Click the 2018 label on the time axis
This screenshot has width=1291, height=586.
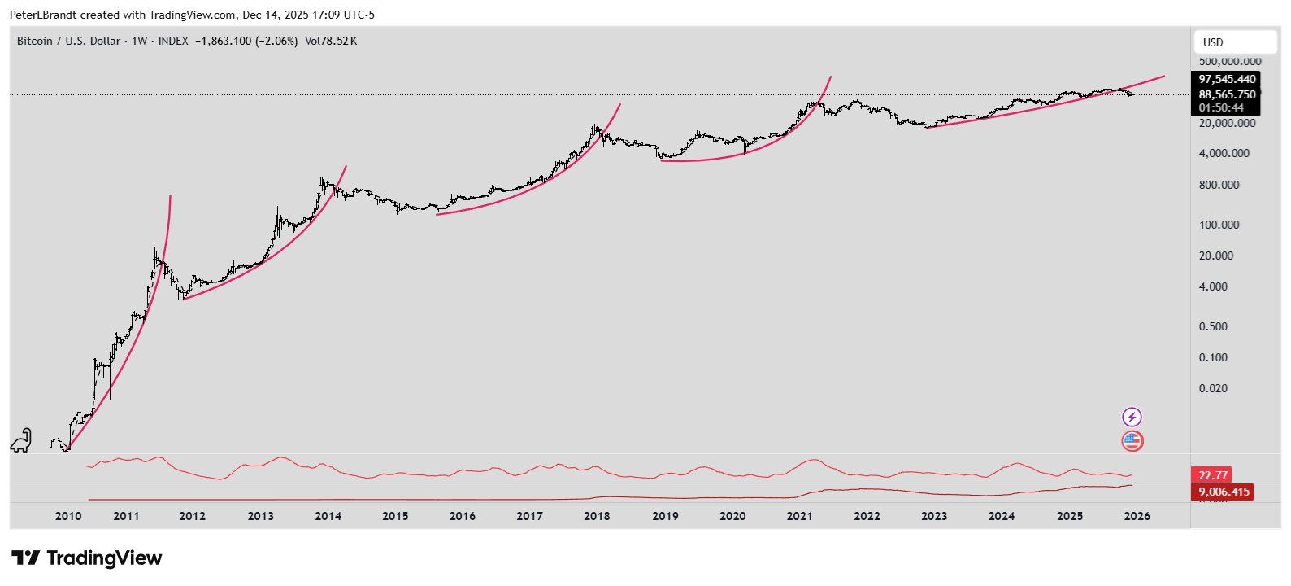[597, 515]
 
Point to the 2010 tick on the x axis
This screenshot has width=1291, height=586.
[68, 515]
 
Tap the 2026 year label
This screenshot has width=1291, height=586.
[1137, 515]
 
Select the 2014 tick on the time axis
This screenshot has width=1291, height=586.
[328, 515]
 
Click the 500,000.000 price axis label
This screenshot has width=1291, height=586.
[1230, 61]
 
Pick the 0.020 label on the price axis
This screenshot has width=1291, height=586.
[1213, 388]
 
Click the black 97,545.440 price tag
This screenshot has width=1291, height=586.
[1227, 79]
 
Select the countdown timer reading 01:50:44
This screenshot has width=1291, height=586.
[1220, 107]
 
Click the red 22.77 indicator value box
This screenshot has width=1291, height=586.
[1211, 474]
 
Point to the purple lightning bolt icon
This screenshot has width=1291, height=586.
[1132, 418]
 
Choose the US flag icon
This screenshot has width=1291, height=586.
[1132, 441]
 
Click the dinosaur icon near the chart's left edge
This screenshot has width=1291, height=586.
[21, 440]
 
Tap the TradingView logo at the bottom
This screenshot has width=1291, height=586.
[87, 558]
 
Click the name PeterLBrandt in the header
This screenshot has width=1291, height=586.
[43, 15]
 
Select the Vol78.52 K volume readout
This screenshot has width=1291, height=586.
[331, 41]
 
